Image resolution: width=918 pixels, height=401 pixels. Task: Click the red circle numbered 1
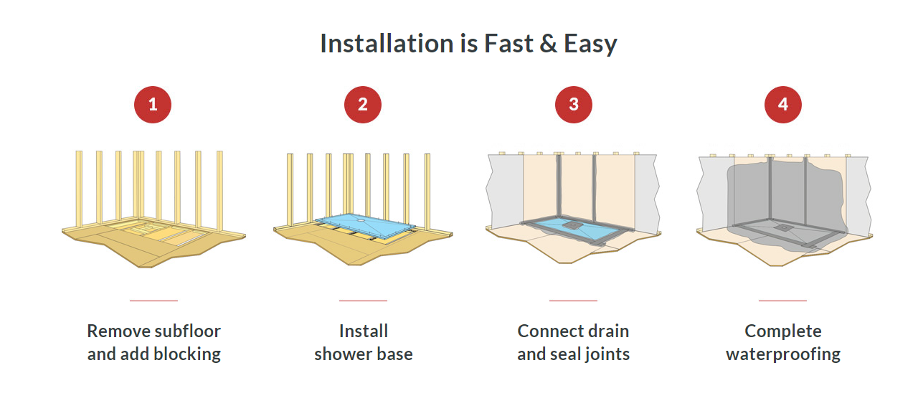point(153,105)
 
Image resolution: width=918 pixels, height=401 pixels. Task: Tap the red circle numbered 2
point(363,105)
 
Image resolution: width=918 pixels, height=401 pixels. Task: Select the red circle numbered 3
point(573,105)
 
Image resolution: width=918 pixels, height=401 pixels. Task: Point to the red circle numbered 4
point(783,105)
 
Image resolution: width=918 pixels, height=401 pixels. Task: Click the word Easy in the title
point(590,44)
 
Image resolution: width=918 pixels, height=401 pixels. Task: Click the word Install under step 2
point(364,331)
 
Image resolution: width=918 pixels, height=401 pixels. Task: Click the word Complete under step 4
point(783,331)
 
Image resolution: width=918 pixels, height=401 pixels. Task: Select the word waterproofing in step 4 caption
point(783,354)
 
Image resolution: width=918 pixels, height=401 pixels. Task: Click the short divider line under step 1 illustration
point(153,301)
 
